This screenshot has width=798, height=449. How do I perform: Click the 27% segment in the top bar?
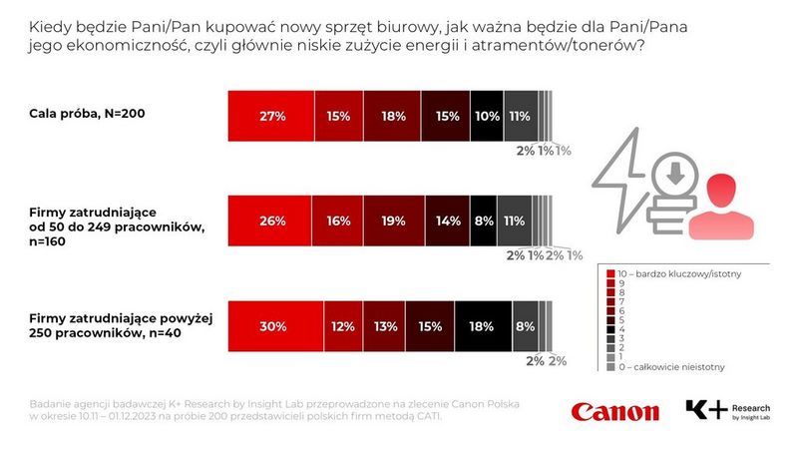[271, 115]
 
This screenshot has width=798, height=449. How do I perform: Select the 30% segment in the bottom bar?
[275, 325]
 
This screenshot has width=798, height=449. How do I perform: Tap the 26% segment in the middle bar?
[270, 220]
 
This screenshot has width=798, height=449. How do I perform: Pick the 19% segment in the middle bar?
[394, 220]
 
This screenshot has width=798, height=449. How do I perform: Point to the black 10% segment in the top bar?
[486, 115]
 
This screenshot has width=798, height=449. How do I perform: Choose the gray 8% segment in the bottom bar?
[523, 325]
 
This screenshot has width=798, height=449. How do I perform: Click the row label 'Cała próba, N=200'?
[88, 114]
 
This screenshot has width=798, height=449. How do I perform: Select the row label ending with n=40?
[120, 325]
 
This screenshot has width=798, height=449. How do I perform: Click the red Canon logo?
[614, 411]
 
